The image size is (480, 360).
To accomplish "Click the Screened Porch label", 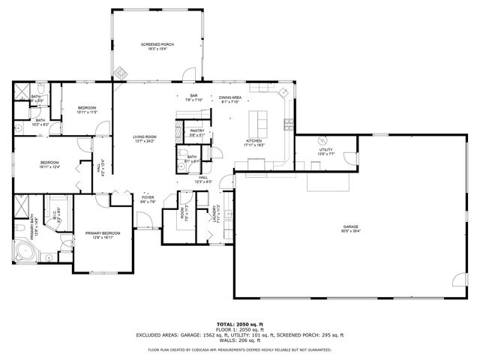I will coord(157,47).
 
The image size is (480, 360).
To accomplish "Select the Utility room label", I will coord(325,151).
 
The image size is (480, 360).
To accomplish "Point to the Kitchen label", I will coord(254,142).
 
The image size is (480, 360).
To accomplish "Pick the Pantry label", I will coord(197,133).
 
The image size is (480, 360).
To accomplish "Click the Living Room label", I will coord(144,139).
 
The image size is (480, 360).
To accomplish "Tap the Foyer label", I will coord(148,199).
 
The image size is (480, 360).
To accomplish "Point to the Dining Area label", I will coord(230,99).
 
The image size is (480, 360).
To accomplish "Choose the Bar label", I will coord(193,97).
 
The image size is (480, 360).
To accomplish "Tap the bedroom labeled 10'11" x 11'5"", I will coord(87,110).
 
